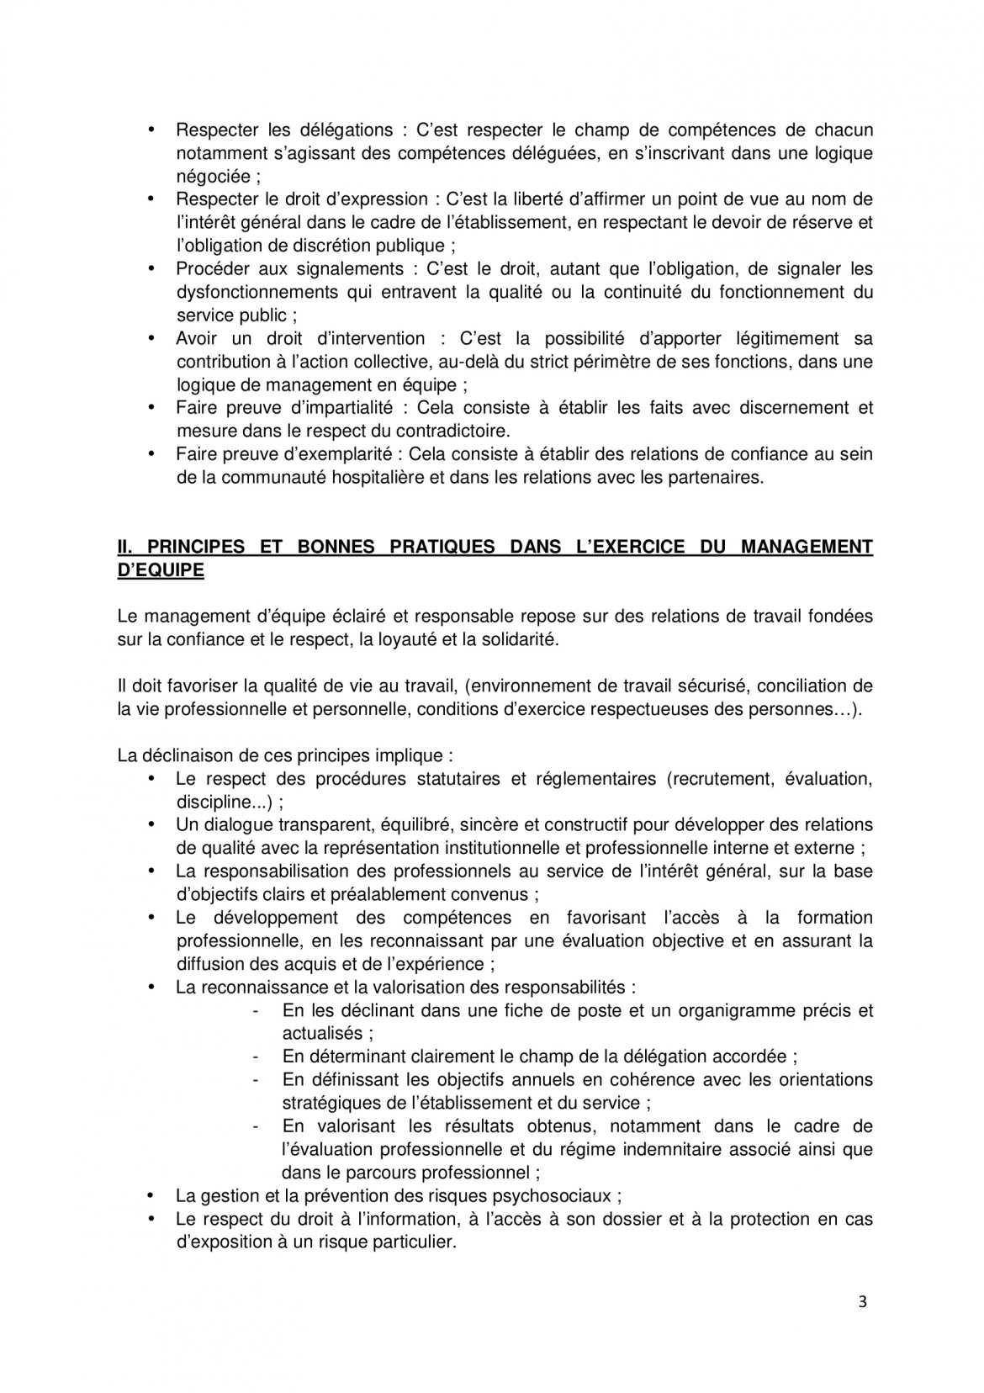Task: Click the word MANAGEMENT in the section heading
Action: pos(807,547)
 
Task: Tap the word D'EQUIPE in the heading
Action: pos(161,569)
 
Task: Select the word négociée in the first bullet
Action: pos(213,177)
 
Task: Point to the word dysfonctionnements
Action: pos(253,293)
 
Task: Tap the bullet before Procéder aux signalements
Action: pos(152,268)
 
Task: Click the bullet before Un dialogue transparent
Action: pos(152,824)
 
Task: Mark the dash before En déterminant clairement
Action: pos(256,1057)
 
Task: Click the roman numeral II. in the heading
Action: pos(127,547)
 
